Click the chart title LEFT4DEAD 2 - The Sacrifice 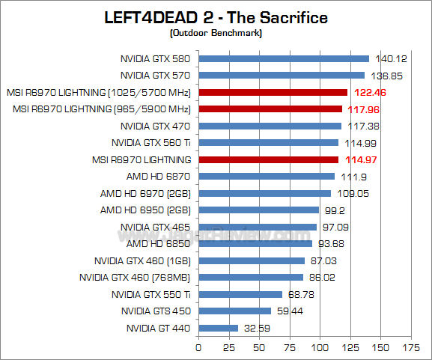(x=216, y=17)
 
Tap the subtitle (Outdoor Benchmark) (x=216, y=33)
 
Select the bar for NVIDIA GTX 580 (x=284, y=58)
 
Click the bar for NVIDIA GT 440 (x=218, y=328)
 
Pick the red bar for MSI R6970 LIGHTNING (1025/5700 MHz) (x=273, y=92)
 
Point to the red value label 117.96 (x=361, y=109)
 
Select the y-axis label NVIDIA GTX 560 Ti (x=150, y=142)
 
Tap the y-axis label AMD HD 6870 (x=159, y=177)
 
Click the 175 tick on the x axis (x=412, y=348)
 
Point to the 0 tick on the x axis (x=198, y=348)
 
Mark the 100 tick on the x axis (x=320, y=348)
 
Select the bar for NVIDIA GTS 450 (x=234, y=311)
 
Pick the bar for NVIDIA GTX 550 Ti (x=240, y=294)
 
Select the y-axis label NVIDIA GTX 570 (x=155, y=75)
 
